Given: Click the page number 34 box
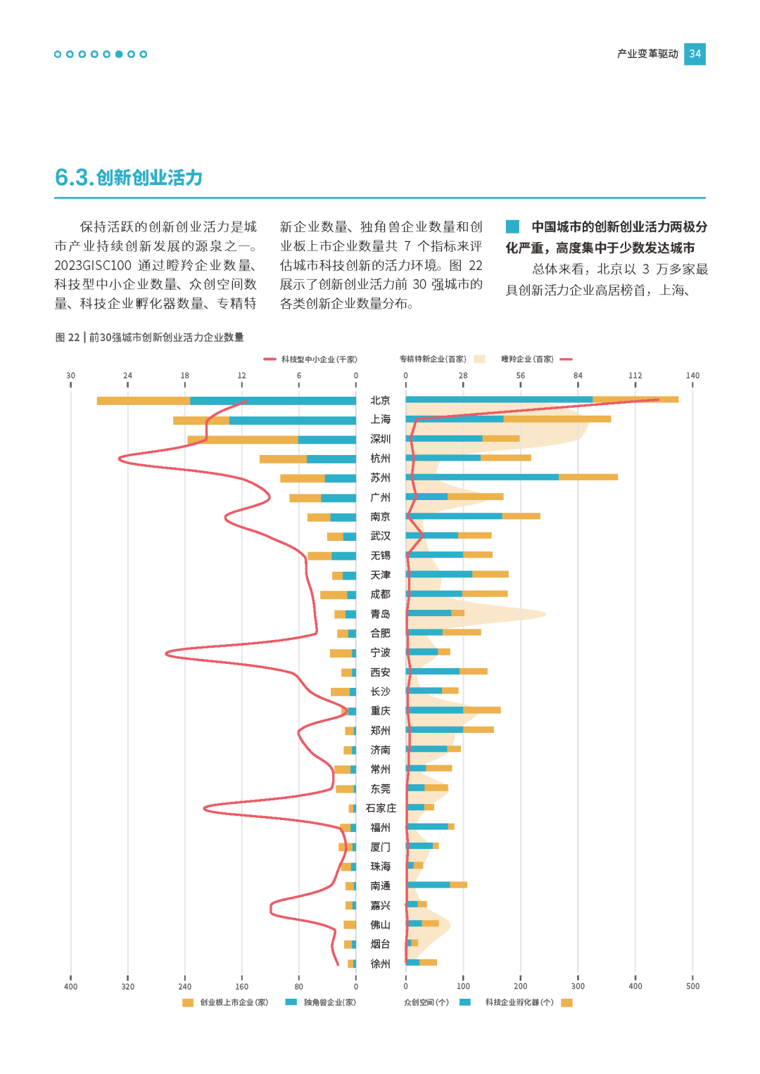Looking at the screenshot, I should click(695, 54).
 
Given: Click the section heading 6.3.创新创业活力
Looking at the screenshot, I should click(129, 177).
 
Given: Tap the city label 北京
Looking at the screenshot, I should click(380, 400).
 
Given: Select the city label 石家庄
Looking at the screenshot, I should click(381, 808).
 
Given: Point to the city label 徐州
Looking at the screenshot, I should click(380, 964).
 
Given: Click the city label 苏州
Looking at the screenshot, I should click(380, 478).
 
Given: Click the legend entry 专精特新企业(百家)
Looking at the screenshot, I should click(433, 359).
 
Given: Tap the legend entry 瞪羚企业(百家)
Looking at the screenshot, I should click(527, 359).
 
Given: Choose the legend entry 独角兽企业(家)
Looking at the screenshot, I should click(329, 1002).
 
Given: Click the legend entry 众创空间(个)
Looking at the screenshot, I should click(426, 1002).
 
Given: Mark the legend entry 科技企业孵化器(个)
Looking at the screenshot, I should click(519, 1002).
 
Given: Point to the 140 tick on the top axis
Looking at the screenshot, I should click(692, 376).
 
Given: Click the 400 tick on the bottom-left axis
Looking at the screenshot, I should click(70, 986).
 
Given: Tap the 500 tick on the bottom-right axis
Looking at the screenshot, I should click(692, 986).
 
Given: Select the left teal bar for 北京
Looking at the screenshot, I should click(272, 401).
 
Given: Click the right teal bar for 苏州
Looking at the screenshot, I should click(482, 477).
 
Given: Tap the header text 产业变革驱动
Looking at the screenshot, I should click(647, 54).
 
